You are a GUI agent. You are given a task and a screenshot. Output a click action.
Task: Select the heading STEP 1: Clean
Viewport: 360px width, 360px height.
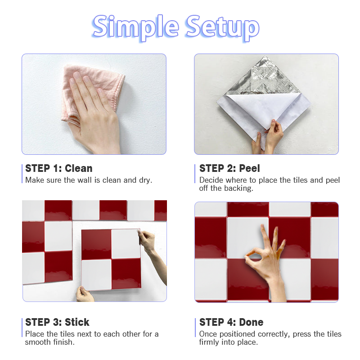tap(59, 168)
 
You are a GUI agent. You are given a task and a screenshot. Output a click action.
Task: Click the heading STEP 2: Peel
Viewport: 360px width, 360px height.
tap(229, 168)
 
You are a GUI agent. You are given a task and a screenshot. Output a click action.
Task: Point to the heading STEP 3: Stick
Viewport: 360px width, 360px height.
tap(57, 322)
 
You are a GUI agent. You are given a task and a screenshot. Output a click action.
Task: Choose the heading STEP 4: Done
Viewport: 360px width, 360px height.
tap(231, 322)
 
